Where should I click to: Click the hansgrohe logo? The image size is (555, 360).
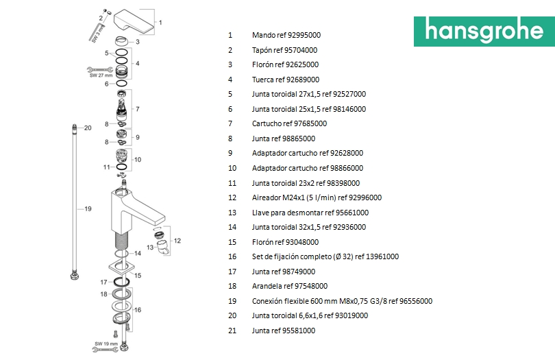[x=483, y=32]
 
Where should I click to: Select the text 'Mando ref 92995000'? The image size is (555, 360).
[x=286, y=35]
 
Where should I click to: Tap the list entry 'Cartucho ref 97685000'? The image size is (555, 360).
[x=289, y=123]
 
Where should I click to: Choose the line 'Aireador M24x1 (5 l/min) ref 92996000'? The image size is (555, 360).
[x=317, y=197]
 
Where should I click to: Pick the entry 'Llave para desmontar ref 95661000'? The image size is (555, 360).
[x=310, y=213]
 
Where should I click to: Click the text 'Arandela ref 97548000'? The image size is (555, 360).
[x=290, y=286]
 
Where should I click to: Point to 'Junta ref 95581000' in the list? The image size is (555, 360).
[x=284, y=331]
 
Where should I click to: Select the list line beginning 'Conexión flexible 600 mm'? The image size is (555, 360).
[x=342, y=301]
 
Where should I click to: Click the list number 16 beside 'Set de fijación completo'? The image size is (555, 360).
[x=232, y=256]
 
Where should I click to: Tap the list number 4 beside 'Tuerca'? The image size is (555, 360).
[x=230, y=80]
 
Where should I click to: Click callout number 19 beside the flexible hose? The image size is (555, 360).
[x=87, y=208]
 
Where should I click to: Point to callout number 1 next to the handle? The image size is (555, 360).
[x=160, y=22]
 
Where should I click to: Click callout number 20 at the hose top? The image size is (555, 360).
[x=87, y=128]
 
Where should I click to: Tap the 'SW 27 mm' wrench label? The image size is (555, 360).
[x=99, y=75]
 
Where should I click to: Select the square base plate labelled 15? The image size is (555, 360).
[x=123, y=267]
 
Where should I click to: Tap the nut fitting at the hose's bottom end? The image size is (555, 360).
[x=74, y=276]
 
